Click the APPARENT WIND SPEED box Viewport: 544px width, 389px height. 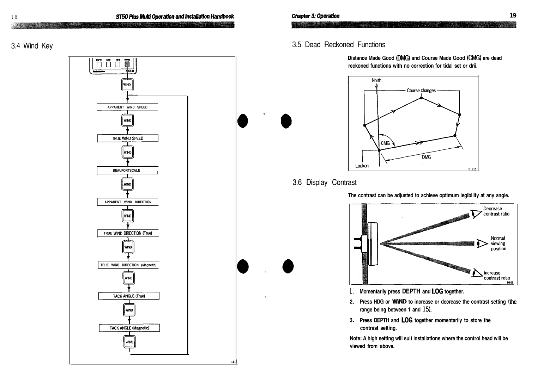(x=127, y=107)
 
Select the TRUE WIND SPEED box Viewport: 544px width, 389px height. (x=127, y=138)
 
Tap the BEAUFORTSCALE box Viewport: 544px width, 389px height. (x=127, y=171)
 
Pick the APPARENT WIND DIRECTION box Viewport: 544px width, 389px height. (x=128, y=202)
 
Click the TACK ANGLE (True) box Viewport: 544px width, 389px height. (x=129, y=296)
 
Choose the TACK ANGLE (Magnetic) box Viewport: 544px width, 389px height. (x=129, y=328)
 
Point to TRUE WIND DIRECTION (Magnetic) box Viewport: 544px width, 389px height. (x=128, y=265)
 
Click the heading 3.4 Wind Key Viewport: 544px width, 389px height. (x=32, y=46)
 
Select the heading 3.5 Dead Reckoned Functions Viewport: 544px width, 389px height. (x=338, y=45)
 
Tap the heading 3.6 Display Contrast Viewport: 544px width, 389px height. (x=324, y=183)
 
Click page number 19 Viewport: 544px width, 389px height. (x=513, y=16)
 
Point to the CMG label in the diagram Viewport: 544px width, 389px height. (x=385, y=143)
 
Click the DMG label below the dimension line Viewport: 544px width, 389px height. (x=426, y=157)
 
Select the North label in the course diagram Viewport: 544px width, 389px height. (x=376, y=80)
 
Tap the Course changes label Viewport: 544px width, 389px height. (x=421, y=91)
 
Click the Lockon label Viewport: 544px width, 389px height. (x=362, y=166)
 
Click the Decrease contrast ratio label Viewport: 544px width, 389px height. (x=496, y=211)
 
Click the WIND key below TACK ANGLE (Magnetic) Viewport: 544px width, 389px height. (x=129, y=342)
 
